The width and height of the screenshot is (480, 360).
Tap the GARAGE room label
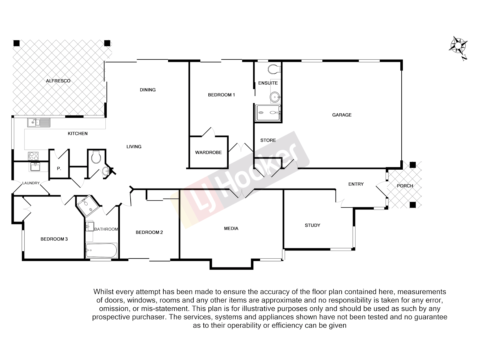342,115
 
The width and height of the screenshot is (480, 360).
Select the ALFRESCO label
58,81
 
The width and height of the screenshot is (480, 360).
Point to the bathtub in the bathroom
101,250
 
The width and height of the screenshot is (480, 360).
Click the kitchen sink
38,123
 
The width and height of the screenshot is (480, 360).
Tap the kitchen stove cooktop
33,156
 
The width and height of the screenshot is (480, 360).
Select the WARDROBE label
208,152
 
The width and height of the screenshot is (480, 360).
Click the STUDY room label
312,225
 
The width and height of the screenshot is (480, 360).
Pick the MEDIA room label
231,228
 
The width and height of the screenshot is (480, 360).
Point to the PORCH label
405,186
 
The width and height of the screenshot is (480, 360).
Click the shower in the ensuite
268,113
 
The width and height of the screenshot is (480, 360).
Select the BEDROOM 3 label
54,239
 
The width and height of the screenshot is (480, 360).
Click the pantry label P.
59,169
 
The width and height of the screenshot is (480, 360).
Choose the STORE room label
268,140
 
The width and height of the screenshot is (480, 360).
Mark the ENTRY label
356,184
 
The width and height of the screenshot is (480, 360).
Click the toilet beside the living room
96,157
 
